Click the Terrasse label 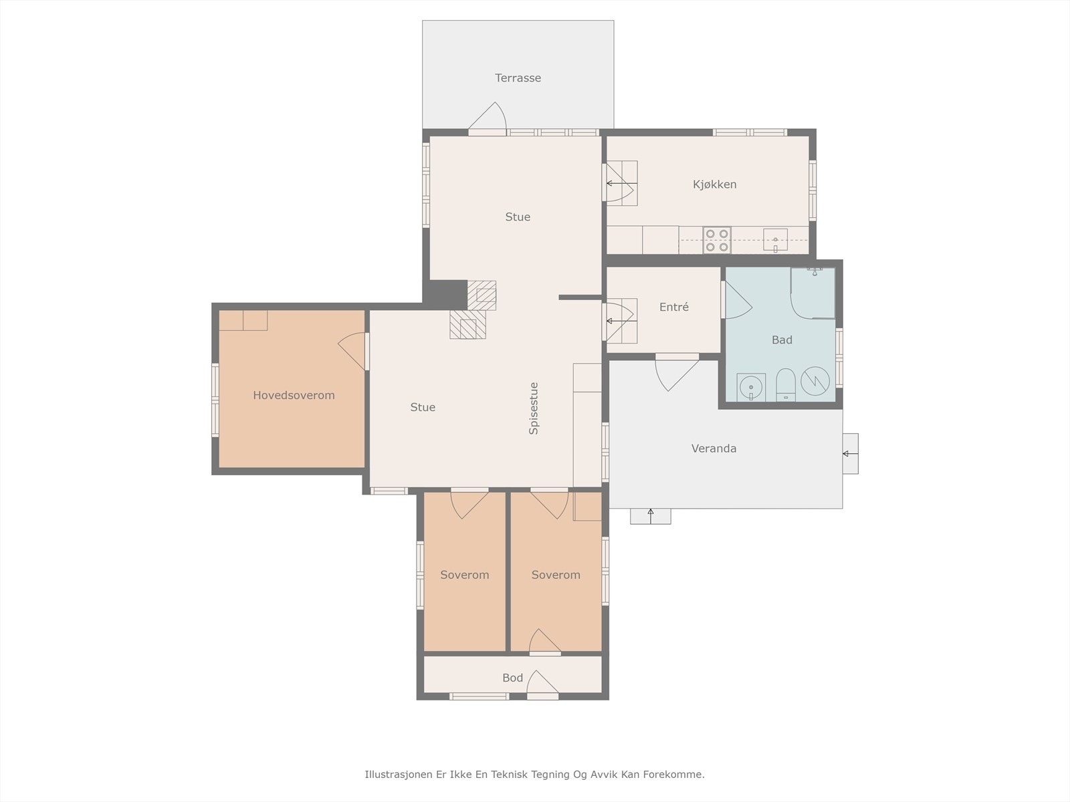pyautogui.click(x=518, y=78)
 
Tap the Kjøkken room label pyautogui.click(x=715, y=184)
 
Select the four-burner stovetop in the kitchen pyautogui.click(x=717, y=241)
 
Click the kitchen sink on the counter pyautogui.click(x=775, y=240)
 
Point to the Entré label pyautogui.click(x=674, y=307)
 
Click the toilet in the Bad pyautogui.click(x=785, y=385)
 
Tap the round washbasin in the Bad pyautogui.click(x=751, y=388)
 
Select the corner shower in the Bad pyautogui.click(x=813, y=293)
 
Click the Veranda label pyautogui.click(x=714, y=448)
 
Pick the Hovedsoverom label pyautogui.click(x=294, y=396)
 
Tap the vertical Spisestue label pyautogui.click(x=534, y=408)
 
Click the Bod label pyautogui.click(x=512, y=678)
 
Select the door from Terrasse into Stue pyautogui.click(x=488, y=118)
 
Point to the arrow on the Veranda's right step pyautogui.click(x=850, y=454)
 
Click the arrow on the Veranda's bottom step pyautogui.click(x=650, y=516)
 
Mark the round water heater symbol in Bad pyautogui.click(x=815, y=381)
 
